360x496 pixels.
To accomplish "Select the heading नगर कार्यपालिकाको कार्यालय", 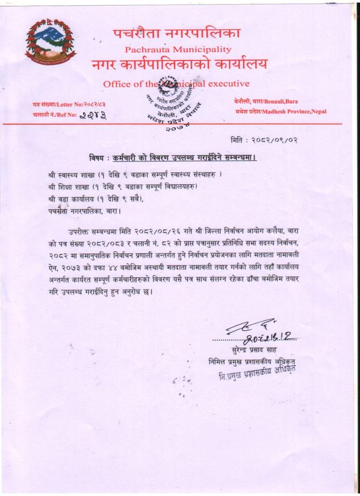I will point(180,65).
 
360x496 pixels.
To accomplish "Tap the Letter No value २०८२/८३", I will point(94,104).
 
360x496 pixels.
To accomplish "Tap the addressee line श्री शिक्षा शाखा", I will point(122,186).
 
